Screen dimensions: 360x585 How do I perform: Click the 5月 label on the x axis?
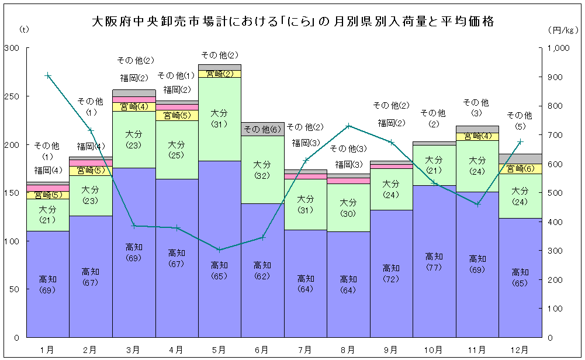point(219,349)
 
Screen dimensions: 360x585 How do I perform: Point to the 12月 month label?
point(520,349)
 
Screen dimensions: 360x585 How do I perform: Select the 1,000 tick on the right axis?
point(562,49)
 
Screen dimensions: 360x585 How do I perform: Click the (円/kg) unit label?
point(562,29)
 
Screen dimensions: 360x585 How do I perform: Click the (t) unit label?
point(23,29)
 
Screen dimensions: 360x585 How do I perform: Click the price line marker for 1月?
point(48,75)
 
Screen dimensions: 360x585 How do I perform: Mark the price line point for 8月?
point(348,126)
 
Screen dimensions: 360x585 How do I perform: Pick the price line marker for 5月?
point(219,250)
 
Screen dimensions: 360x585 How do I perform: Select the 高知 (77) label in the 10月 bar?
point(434,261)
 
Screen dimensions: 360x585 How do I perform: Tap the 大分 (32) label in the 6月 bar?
point(262,169)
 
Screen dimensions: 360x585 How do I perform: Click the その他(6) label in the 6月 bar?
point(262,129)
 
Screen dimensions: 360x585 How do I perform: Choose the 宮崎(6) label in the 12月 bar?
point(520,168)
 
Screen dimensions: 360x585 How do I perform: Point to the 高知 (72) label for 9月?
point(391,273)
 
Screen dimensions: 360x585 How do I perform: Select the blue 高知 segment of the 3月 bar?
point(134,281)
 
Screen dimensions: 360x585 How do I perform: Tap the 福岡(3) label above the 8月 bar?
point(348,164)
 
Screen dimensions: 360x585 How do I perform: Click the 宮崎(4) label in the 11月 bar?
point(477,136)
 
